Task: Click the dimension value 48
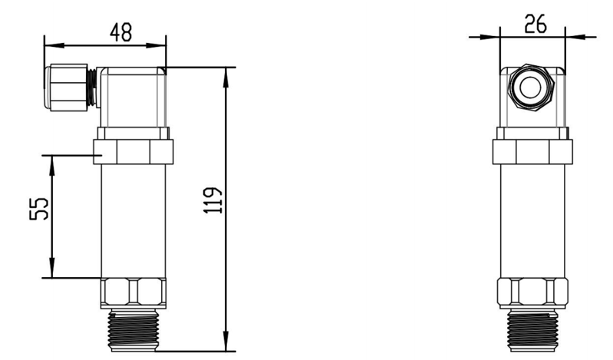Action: tap(121, 32)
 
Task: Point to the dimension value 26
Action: tap(535, 24)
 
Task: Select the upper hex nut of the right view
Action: tap(532, 150)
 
